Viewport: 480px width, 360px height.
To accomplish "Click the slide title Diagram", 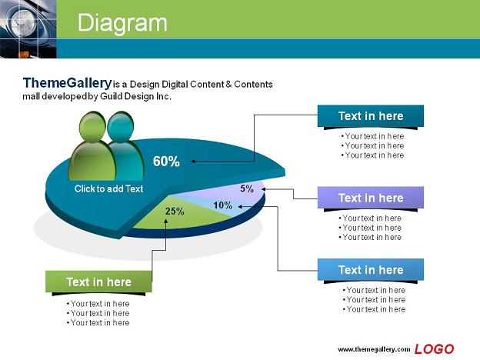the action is click(122, 23).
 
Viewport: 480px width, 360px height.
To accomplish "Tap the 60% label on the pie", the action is click(166, 162).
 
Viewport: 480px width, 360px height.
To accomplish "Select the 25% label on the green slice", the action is click(175, 212).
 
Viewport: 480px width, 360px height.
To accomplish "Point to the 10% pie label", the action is click(222, 205).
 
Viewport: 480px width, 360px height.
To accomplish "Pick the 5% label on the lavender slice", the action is click(247, 188).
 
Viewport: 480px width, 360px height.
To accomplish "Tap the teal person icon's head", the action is click(121, 127).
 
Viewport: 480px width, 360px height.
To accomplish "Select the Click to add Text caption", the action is click(108, 188).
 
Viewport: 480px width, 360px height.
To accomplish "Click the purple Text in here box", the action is click(371, 198).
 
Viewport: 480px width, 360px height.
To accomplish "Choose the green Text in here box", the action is click(98, 282).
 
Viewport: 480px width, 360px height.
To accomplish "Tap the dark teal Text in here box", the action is click(371, 116).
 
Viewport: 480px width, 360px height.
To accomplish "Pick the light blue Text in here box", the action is click(371, 270).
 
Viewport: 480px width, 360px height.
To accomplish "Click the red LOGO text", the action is click(434, 349).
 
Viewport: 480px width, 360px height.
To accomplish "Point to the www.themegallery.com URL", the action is click(374, 349).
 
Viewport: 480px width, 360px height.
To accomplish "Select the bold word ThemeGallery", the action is click(68, 83).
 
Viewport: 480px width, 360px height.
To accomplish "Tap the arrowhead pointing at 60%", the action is click(193, 162).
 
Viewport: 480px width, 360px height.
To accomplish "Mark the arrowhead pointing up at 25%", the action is click(165, 221).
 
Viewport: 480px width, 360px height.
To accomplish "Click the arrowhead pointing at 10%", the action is click(240, 207).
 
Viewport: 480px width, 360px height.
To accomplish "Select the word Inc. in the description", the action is click(164, 96).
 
